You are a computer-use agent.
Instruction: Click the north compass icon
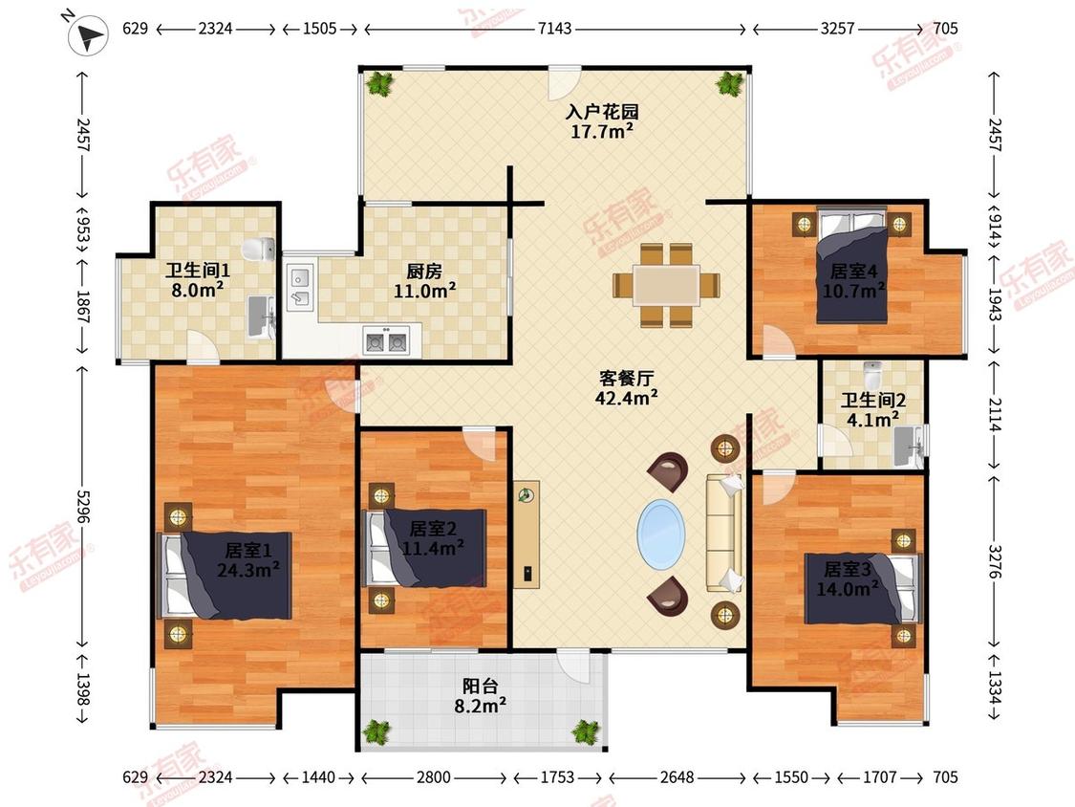(89, 34)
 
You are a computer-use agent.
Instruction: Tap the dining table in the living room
(666, 285)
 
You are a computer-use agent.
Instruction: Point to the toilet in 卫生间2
(871, 375)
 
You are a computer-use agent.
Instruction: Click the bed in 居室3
(863, 589)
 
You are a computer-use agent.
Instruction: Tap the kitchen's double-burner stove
(386, 340)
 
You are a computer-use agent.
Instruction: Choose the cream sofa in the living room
(724, 533)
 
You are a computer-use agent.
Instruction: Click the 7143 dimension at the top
(554, 29)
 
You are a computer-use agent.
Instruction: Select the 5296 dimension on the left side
(83, 506)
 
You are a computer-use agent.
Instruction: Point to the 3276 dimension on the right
(995, 561)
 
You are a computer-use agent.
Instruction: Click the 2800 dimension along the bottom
(434, 777)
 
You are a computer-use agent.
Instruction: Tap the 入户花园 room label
(602, 111)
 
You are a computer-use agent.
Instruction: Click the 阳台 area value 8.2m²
(481, 705)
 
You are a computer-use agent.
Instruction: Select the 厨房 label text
(424, 272)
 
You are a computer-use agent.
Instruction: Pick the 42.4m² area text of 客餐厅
(627, 398)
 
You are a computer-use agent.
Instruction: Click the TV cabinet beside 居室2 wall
(527, 534)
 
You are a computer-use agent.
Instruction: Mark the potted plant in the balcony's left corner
(376, 731)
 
